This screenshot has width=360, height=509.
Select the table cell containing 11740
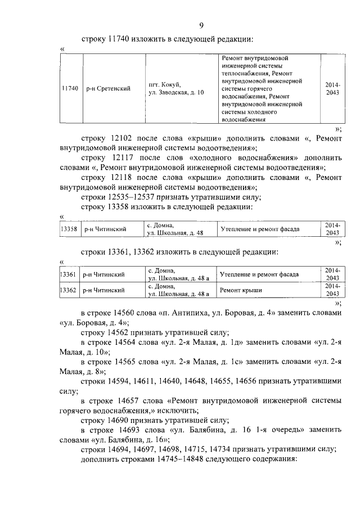coord(70,88)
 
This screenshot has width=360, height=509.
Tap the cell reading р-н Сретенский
coord(108,88)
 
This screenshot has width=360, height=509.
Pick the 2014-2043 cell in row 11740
coord(332,88)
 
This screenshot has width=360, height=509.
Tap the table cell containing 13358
coord(69,229)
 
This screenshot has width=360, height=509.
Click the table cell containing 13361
coord(69,274)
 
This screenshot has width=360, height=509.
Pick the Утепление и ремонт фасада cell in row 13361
coord(259,274)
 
